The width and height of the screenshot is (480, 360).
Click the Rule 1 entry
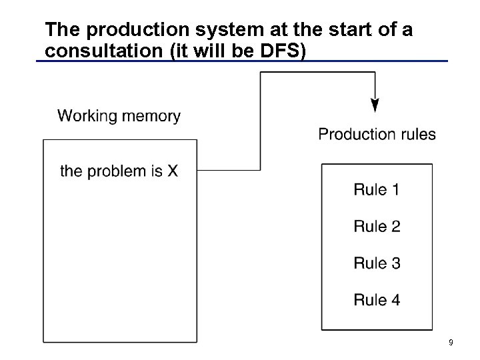click(x=377, y=190)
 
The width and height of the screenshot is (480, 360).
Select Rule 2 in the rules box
click(x=377, y=227)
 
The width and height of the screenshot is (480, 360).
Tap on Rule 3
click(x=377, y=263)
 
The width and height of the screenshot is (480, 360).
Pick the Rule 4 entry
click(x=377, y=300)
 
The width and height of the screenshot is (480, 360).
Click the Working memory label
click(x=119, y=116)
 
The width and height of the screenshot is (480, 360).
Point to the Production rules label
click(x=377, y=134)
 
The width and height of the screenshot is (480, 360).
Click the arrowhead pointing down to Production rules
click(x=375, y=105)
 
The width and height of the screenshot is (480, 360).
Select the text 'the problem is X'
click(x=119, y=171)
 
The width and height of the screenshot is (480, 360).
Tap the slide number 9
click(x=451, y=343)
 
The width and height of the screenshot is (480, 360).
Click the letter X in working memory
click(x=173, y=171)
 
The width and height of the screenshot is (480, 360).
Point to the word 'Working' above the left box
click(x=86, y=116)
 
